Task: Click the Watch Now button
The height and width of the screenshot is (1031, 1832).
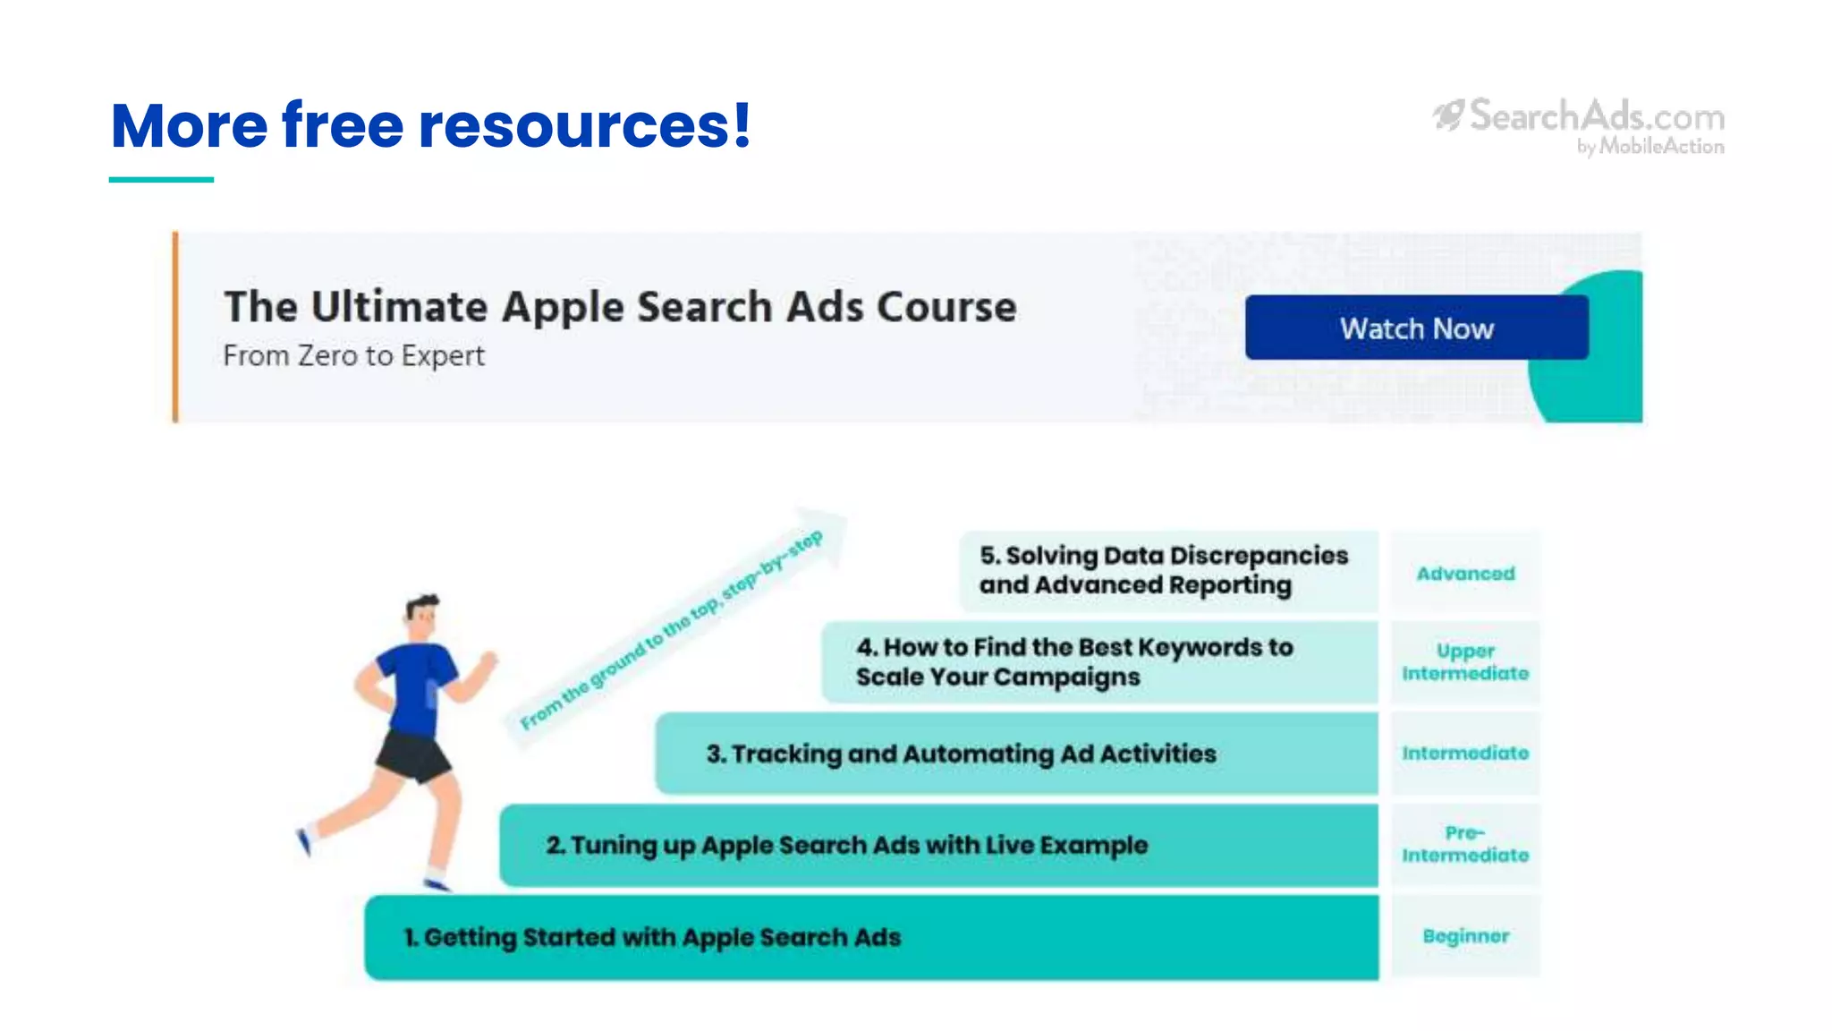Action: point(1416,328)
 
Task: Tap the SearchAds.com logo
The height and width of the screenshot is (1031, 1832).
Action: point(1580,125)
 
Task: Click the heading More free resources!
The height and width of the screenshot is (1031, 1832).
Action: point(430,124)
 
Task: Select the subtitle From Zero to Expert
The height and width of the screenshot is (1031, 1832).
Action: point(353,355)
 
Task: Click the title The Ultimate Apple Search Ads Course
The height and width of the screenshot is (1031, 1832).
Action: point(620,306)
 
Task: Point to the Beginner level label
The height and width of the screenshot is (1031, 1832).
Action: point(1465,936)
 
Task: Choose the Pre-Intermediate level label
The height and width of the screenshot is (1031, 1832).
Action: point(1465,844)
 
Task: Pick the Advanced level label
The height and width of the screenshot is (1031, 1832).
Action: point(1465,573)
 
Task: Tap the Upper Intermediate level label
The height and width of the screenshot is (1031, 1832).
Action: point(1465,661)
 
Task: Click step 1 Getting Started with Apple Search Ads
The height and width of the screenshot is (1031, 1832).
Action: point(653,937)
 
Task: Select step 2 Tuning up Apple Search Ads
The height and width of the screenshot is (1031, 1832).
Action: point(846,845)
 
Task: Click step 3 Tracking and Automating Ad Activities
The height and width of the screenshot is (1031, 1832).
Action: point(961,754)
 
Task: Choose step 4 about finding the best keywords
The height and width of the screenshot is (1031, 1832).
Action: point(1073,661)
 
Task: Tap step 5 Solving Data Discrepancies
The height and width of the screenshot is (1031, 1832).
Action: point(1163,570)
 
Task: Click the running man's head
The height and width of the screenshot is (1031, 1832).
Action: point(422,616)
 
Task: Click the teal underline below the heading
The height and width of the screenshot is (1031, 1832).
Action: point(161,180)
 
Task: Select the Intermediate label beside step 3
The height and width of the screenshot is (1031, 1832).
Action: point(1465,754)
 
